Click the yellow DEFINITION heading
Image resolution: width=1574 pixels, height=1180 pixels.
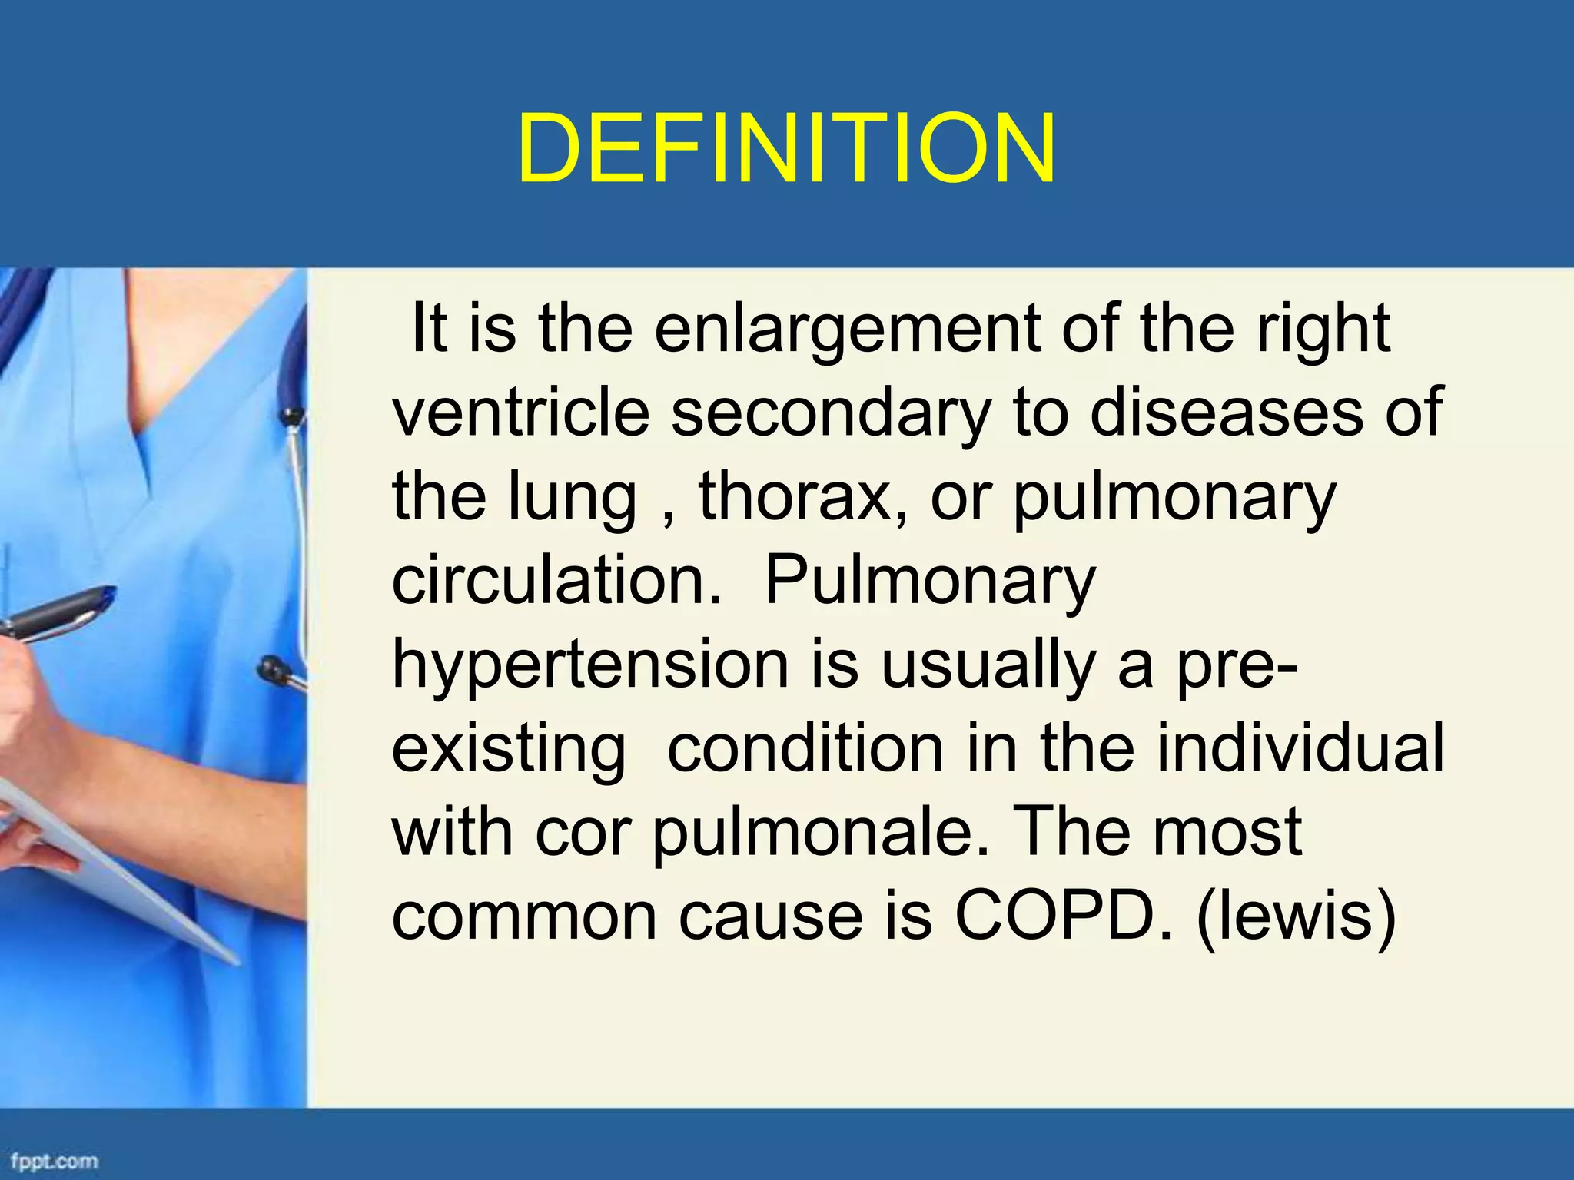pos(786,149)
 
